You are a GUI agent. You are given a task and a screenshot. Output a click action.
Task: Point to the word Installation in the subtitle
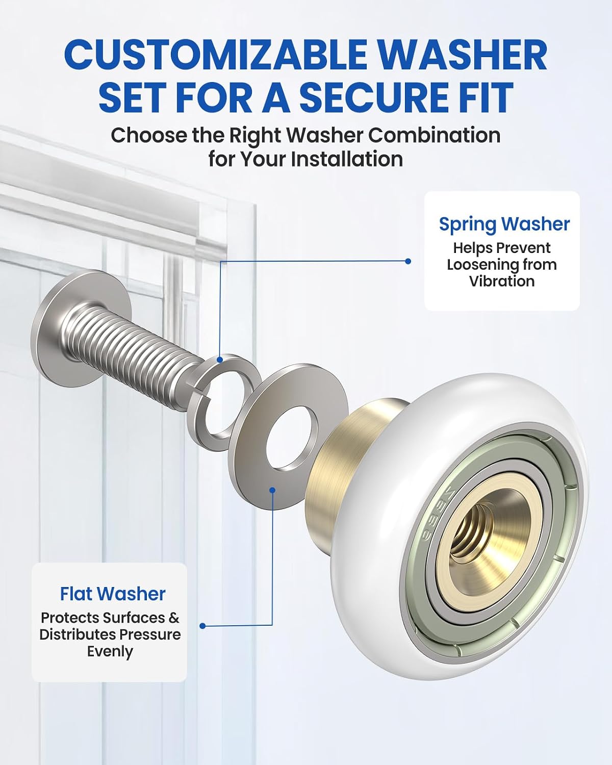coord(347,159)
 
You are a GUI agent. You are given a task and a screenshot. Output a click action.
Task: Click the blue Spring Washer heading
coord(504,224)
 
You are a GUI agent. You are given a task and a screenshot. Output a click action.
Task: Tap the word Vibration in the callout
coord(502,281)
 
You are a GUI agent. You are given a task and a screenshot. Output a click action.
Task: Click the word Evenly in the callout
coord(110,652)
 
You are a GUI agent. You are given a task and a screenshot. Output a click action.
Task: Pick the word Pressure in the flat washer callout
coord(150,634)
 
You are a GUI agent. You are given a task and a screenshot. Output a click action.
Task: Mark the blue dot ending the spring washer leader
coord(408,261)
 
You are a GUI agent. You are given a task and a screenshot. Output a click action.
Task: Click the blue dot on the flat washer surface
coord(272,490)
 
